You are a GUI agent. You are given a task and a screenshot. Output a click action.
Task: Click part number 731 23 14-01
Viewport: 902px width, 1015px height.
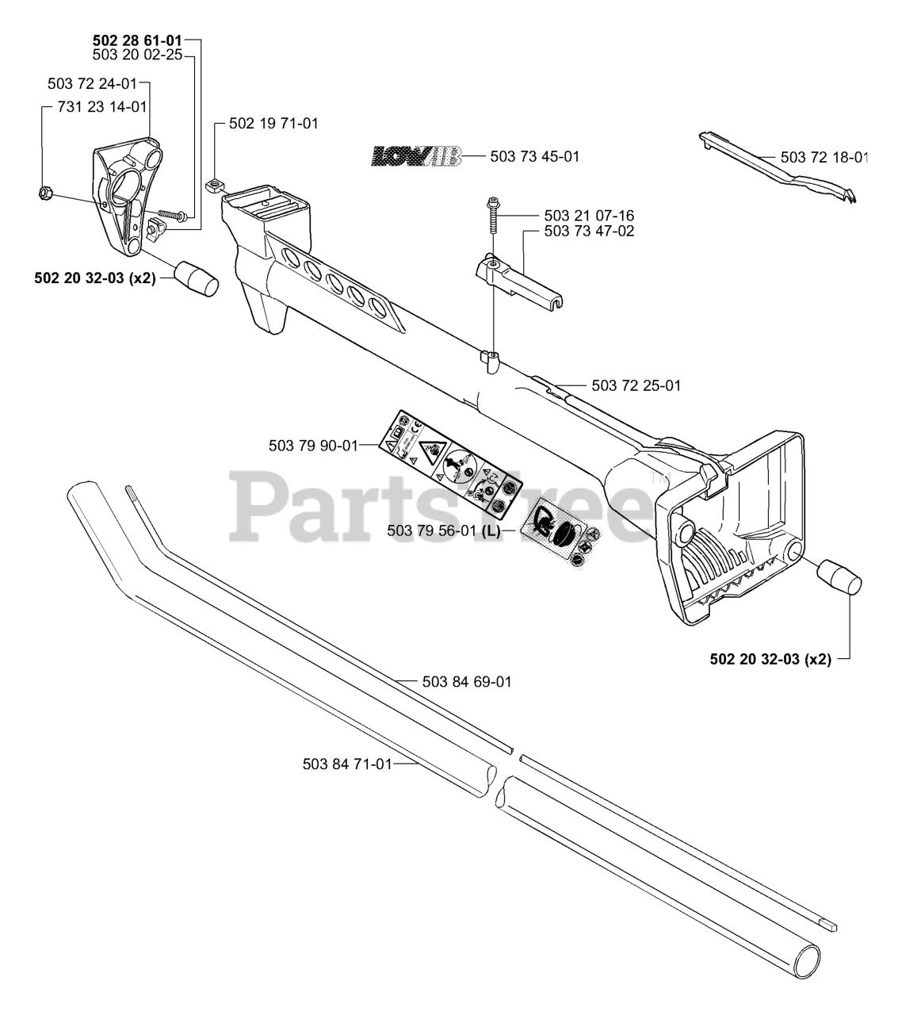pyautogui.click(x=103, y=106)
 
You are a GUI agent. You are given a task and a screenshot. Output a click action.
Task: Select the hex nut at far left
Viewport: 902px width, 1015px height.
pyautogui.click(x=45, y=192)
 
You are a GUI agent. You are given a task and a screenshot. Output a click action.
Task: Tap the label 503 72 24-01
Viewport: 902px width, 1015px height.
pyautogui.click(x=92, y=82)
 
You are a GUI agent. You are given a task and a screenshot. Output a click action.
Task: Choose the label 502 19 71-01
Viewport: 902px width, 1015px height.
pyautogui.click(x=273, y=124)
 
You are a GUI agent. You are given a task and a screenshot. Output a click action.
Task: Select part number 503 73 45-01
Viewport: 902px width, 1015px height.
pyautogui.click(x=535, y=156)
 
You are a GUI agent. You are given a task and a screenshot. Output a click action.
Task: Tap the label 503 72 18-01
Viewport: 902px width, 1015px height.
pyautogui.click(x=824, y=157)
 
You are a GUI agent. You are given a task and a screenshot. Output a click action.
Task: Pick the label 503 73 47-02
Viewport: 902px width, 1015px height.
pyautogui.click(x=589, y=231)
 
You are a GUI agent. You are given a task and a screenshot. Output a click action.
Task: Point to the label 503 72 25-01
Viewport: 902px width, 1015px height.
pyautogui.click(x=636, y=385)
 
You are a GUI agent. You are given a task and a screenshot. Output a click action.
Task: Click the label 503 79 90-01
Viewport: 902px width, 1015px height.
pyautogui.click(x=313, y=446)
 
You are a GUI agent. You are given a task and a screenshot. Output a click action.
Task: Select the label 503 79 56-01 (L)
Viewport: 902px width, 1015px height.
pyautogui.click(x=444, y=530)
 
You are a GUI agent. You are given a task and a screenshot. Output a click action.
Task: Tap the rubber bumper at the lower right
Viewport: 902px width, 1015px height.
pyautogui.click(x=839, y=576)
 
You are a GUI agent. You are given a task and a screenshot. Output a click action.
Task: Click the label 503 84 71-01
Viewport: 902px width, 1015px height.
pyautogui.click(x=347, y=764)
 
